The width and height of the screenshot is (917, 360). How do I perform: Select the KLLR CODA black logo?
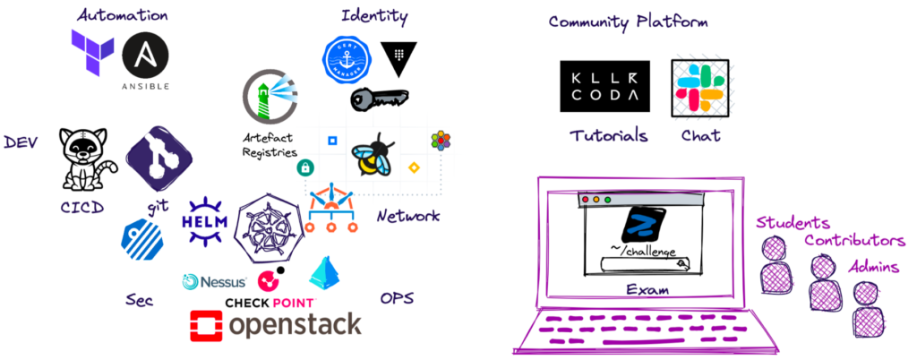(x=604, y=86)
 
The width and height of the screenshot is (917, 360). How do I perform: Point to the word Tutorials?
(x=608, y=136)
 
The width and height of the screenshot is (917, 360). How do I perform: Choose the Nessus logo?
(x=215, y=281)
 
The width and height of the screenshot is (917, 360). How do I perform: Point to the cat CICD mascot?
(x=86, y=159)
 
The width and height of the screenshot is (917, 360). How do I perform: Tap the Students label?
(x=792, y=222)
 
